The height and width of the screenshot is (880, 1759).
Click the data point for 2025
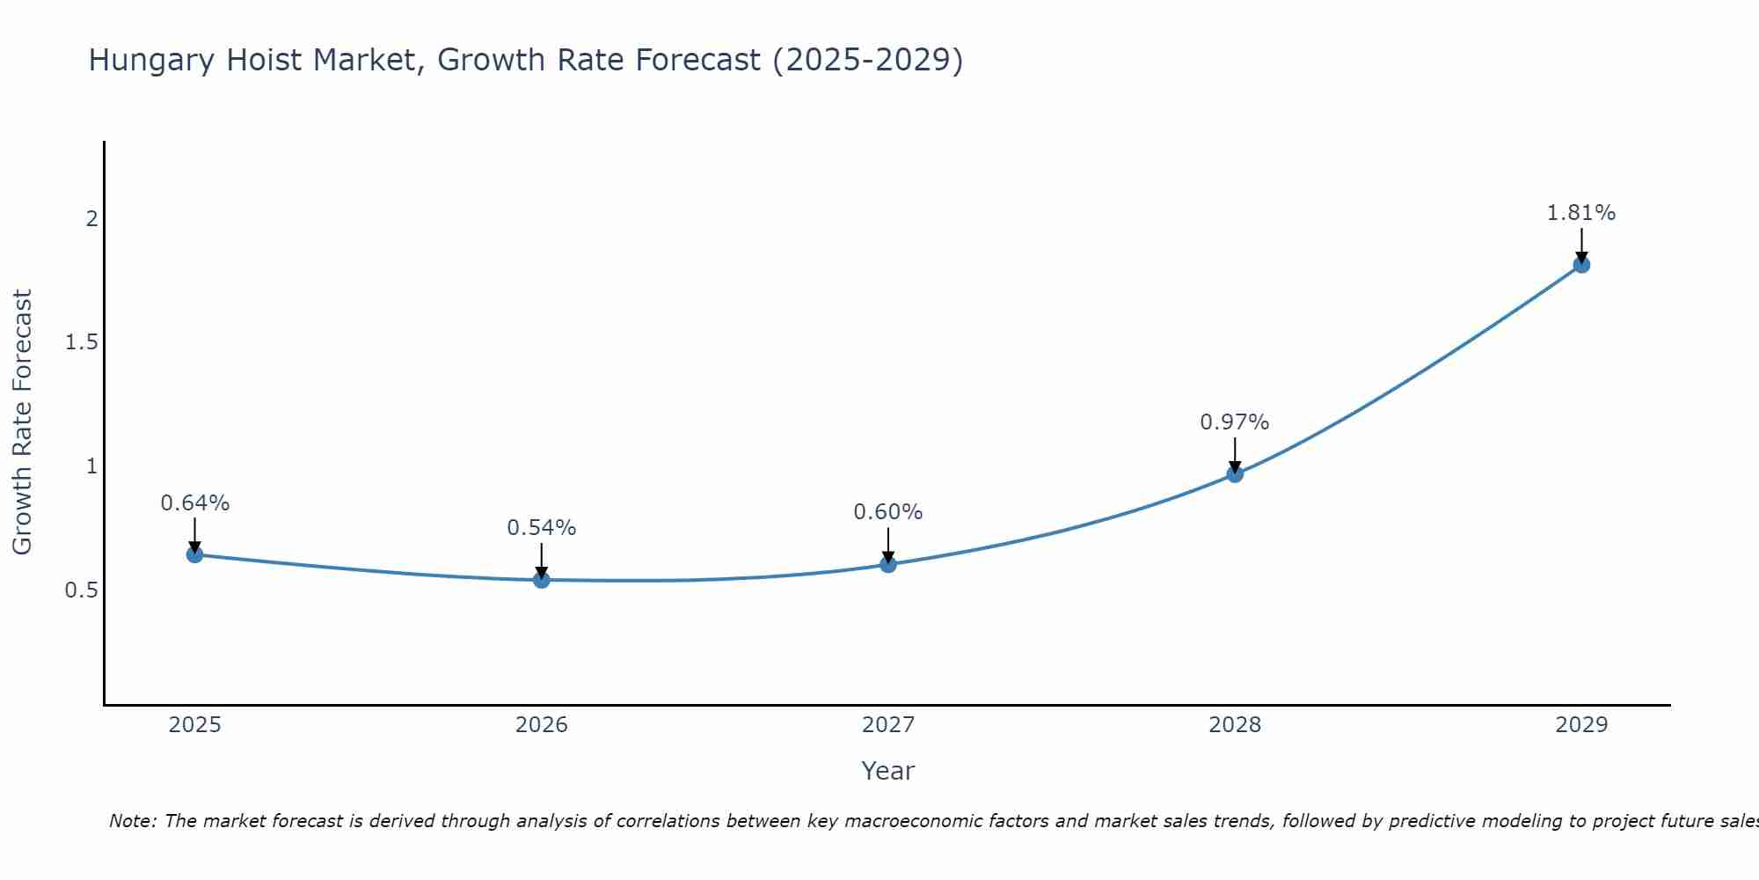click(194, 554)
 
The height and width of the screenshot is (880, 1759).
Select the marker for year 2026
click(542, 579)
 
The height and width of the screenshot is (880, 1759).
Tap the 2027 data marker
click(888, 564)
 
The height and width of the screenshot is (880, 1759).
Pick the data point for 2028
click(1235, 473)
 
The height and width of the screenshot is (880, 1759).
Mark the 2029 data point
click(1581, 264)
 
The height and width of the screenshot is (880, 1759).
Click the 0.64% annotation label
click(194, 503)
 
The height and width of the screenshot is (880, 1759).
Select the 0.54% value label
click(542, 528)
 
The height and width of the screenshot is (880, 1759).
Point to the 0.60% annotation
click(888, 512)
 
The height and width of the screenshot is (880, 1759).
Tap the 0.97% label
click(1235, 422)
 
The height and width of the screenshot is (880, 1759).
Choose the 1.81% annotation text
click(1581, 213)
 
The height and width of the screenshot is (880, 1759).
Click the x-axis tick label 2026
click(542, 725)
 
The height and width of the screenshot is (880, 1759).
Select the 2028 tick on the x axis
click(1235, 725)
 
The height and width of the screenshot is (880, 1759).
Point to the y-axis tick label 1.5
click(82, 342)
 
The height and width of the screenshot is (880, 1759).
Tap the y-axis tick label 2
click(91, 218)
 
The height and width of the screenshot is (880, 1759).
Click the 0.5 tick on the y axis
click(82, 590)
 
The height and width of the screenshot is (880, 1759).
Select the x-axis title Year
click(888, 771)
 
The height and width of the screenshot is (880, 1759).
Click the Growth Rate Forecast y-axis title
click(23, 422)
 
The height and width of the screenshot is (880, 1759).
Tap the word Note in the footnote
click(132, 821)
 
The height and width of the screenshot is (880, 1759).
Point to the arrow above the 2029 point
click(1581, 244)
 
